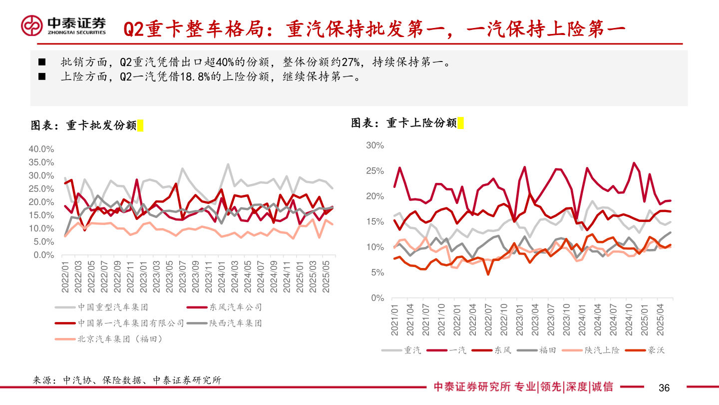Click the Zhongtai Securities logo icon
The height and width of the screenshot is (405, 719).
tap(31, 25)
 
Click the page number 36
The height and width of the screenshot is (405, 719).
tap(664, 387)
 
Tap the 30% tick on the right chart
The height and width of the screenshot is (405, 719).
tap(375, 145)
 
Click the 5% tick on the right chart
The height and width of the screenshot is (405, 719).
tap(377, 273)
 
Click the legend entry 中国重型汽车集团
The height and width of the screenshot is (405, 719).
tap(112, 307)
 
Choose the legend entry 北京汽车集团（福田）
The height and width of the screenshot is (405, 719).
tap(120, 339)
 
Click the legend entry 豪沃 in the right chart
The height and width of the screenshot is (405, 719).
tap(656, 350)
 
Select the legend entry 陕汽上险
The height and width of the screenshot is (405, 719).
tap(602, 350)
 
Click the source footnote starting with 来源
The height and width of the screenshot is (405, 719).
tap(127, 380)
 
